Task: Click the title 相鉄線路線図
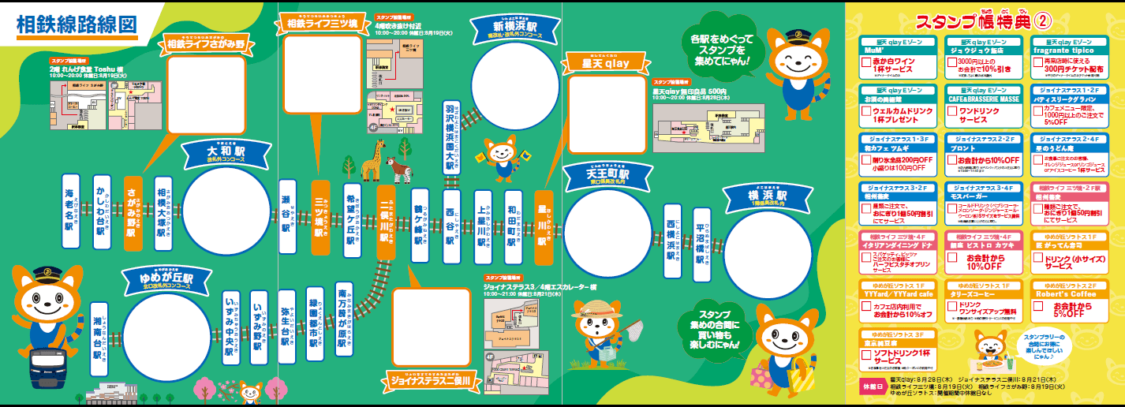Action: [77, 24]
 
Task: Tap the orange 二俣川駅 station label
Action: [386, 223]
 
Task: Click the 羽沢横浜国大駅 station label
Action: [450, 141]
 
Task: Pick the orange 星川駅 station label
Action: [544, 223]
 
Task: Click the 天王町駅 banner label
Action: [607, 176]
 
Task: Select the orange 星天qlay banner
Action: [606, 63]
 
